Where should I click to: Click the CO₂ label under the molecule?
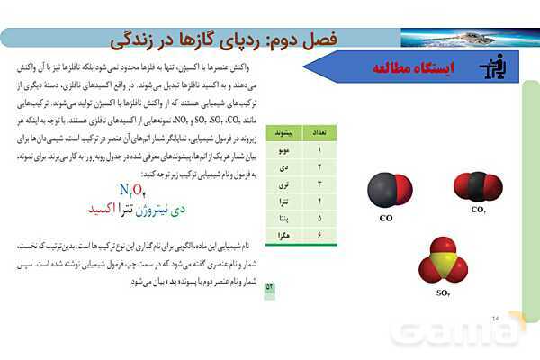pyautogui.click(x=478, y=209)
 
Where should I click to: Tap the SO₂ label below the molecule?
pyautogui.click(x=443, y=292)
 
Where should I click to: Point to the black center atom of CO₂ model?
pyautogui.click(x=478, y=186)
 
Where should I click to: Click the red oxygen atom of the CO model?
pyautogui.click(x=402, y=190)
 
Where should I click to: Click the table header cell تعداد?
pyautogui.click(x=317, y=131)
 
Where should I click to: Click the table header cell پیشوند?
pyautogui.click(x=277, y=131)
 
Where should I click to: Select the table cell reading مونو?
pyautogui.click(x=277, y=149)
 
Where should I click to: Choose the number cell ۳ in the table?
pyautogui.click(x=318, y=184)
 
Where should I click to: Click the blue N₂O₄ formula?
pyautogui.click(x=132, y=189)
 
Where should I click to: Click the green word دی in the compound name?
pyautogui.click(x=179, y=209)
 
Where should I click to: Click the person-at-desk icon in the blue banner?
pyautogui.click(x=490, y=67)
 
